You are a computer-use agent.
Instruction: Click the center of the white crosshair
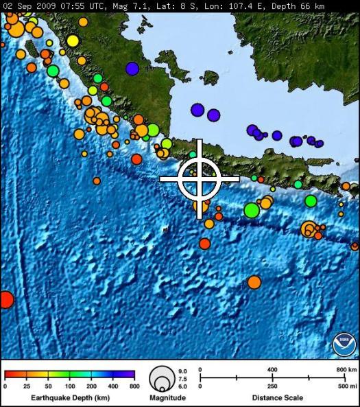pos(200,178)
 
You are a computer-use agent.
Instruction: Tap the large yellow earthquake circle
pos(73,40)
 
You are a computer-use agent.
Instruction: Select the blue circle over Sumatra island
pos(132,68)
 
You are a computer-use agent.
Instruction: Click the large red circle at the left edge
pos(5,300)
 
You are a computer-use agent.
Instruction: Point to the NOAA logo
pos(344,343)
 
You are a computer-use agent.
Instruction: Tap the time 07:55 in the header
pos(71,5)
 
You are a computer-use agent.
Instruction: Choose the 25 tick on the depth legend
pos(27,387)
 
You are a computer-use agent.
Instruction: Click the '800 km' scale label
pos(345,369)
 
